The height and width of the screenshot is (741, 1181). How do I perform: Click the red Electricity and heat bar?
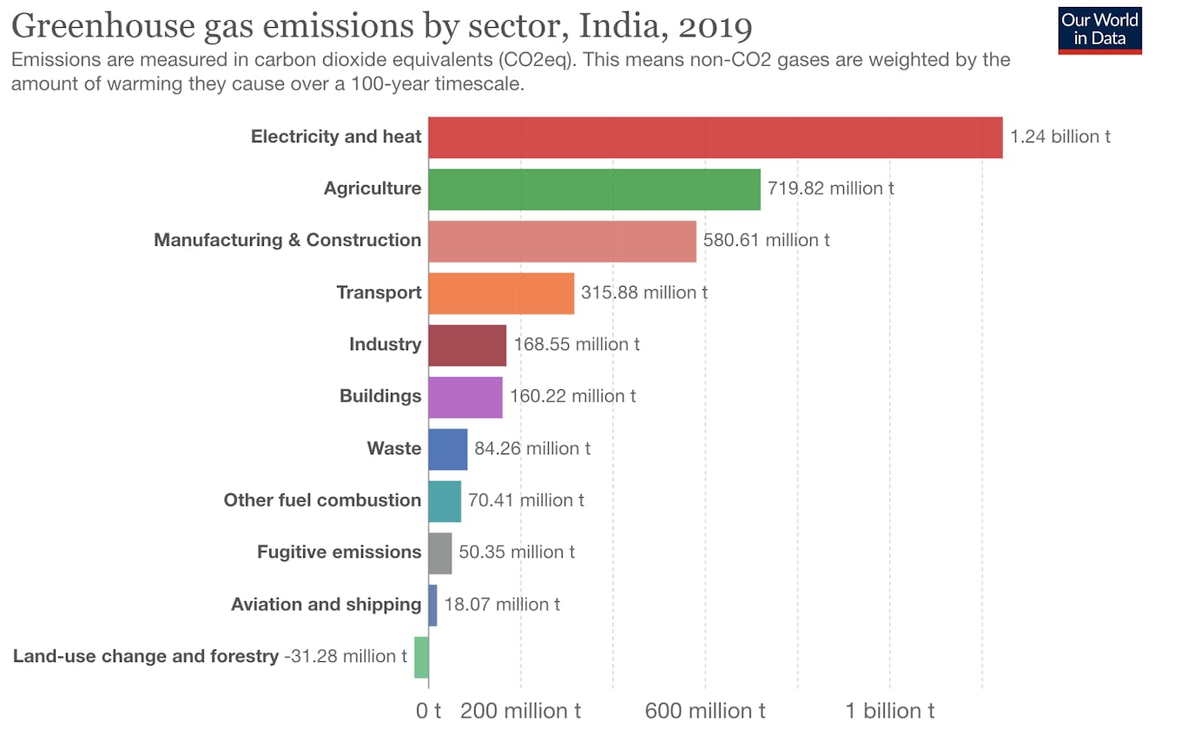(715, 137)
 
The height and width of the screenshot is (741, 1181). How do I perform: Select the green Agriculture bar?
(594, 189)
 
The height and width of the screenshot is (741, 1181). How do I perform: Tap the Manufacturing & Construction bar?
(562, 241)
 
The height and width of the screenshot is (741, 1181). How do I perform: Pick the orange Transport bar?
(501, 294)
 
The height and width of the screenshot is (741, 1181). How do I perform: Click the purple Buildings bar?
(465, 397)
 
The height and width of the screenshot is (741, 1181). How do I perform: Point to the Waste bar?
(447, 449)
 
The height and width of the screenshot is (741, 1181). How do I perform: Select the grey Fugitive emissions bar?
(439, 553)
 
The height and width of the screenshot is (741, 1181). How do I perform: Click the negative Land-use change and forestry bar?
(421, 658)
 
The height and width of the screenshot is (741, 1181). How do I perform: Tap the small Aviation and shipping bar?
(432, 605)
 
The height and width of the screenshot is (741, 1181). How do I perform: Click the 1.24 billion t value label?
(1059, 137)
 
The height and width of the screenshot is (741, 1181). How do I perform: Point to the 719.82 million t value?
(830, 189)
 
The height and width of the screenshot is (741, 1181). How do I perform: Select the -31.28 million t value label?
(346, 657)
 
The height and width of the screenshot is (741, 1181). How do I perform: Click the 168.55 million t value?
(577, 345)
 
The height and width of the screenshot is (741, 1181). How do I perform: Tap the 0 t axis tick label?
(428, 711)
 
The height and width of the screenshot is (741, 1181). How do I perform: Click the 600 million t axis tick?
(704, 711)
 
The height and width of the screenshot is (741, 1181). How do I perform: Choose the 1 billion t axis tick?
(890, 711)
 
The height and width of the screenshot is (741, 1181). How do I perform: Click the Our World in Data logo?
(1099, 30)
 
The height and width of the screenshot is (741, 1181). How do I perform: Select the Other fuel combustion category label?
(322, 500)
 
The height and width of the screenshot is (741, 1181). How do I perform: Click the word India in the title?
(620, 27)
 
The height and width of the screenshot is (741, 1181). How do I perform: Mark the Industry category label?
(385, 345)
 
